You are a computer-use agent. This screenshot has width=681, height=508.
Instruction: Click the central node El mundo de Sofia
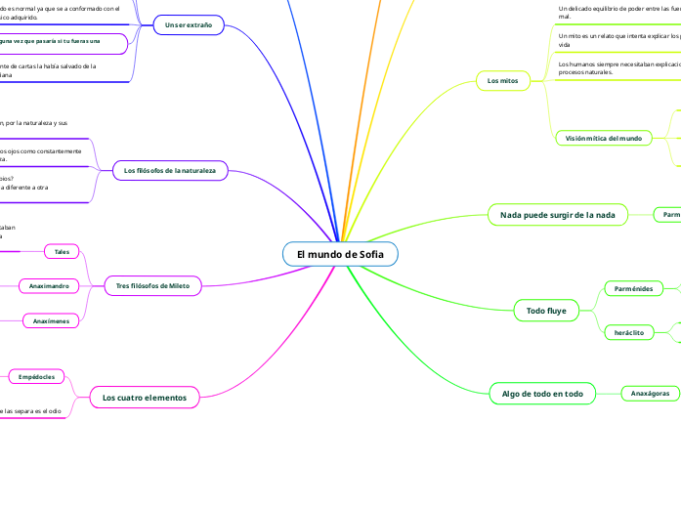coord(340,255)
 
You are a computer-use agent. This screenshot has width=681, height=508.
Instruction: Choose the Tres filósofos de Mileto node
coord(158,285)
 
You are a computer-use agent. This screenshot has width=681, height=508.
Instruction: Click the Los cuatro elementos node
coord(145,398)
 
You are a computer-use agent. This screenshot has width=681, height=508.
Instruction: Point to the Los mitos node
coord(503,79)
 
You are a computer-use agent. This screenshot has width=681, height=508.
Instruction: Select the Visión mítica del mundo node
coord(604,139)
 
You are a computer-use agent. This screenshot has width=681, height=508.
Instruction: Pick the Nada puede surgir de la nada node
coord(551,214)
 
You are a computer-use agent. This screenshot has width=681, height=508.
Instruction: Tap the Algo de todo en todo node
coord(542,394)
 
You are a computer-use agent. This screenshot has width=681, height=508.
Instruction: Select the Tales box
coord(62,251)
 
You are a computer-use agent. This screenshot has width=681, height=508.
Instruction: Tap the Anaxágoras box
coord(650,394)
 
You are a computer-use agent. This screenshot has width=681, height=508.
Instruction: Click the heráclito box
coord(628,333)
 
